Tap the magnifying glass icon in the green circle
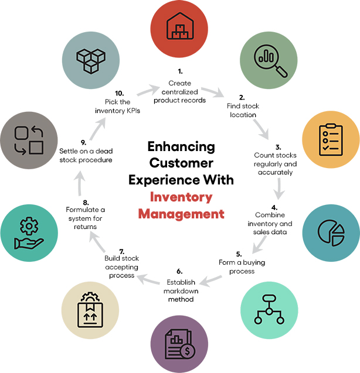(x=269, y=58)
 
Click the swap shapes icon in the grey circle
(x=29, y=140)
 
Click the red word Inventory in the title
(x=181, y=198)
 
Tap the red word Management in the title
(x=181, y=214)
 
